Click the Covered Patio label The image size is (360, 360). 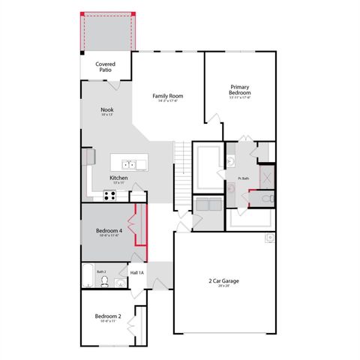click(x=106, y=67)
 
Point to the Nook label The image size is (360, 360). click(x=107, y=110)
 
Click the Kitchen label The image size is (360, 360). click(x=118, y=178)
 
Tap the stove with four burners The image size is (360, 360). click(x=108, y=196)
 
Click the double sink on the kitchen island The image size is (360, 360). click(x=128, y=163)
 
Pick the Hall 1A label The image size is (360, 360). click(x=138, y=272)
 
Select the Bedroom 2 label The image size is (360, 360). click(x=108, y=316)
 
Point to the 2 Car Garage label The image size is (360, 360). click(x=223, y=282)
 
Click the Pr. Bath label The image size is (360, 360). click(x=243, y=178)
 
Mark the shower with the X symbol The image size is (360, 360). click(x=265, y=177)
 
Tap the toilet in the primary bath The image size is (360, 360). click(x=250, y=198)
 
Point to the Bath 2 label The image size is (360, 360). click(x=100, y=271)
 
